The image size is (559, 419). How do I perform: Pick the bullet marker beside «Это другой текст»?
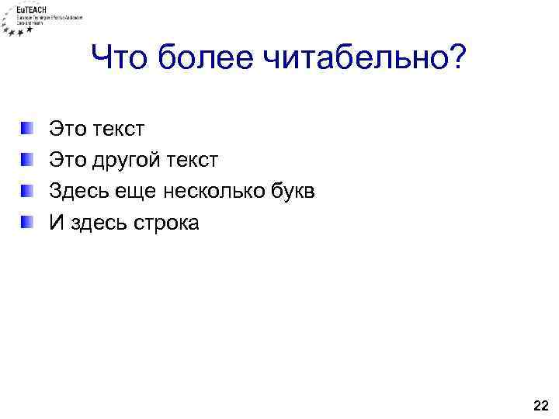[x=27, y=160]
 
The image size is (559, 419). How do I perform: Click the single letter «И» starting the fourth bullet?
[x=56, y=223]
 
